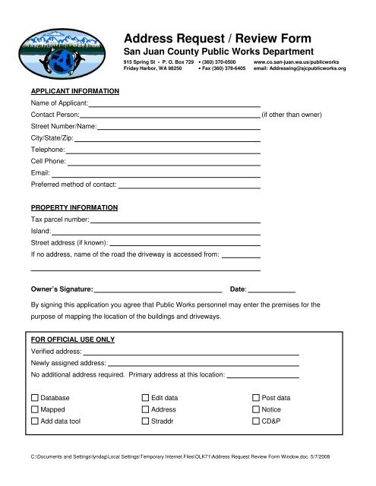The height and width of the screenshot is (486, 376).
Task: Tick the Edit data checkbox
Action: click(146, 398)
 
